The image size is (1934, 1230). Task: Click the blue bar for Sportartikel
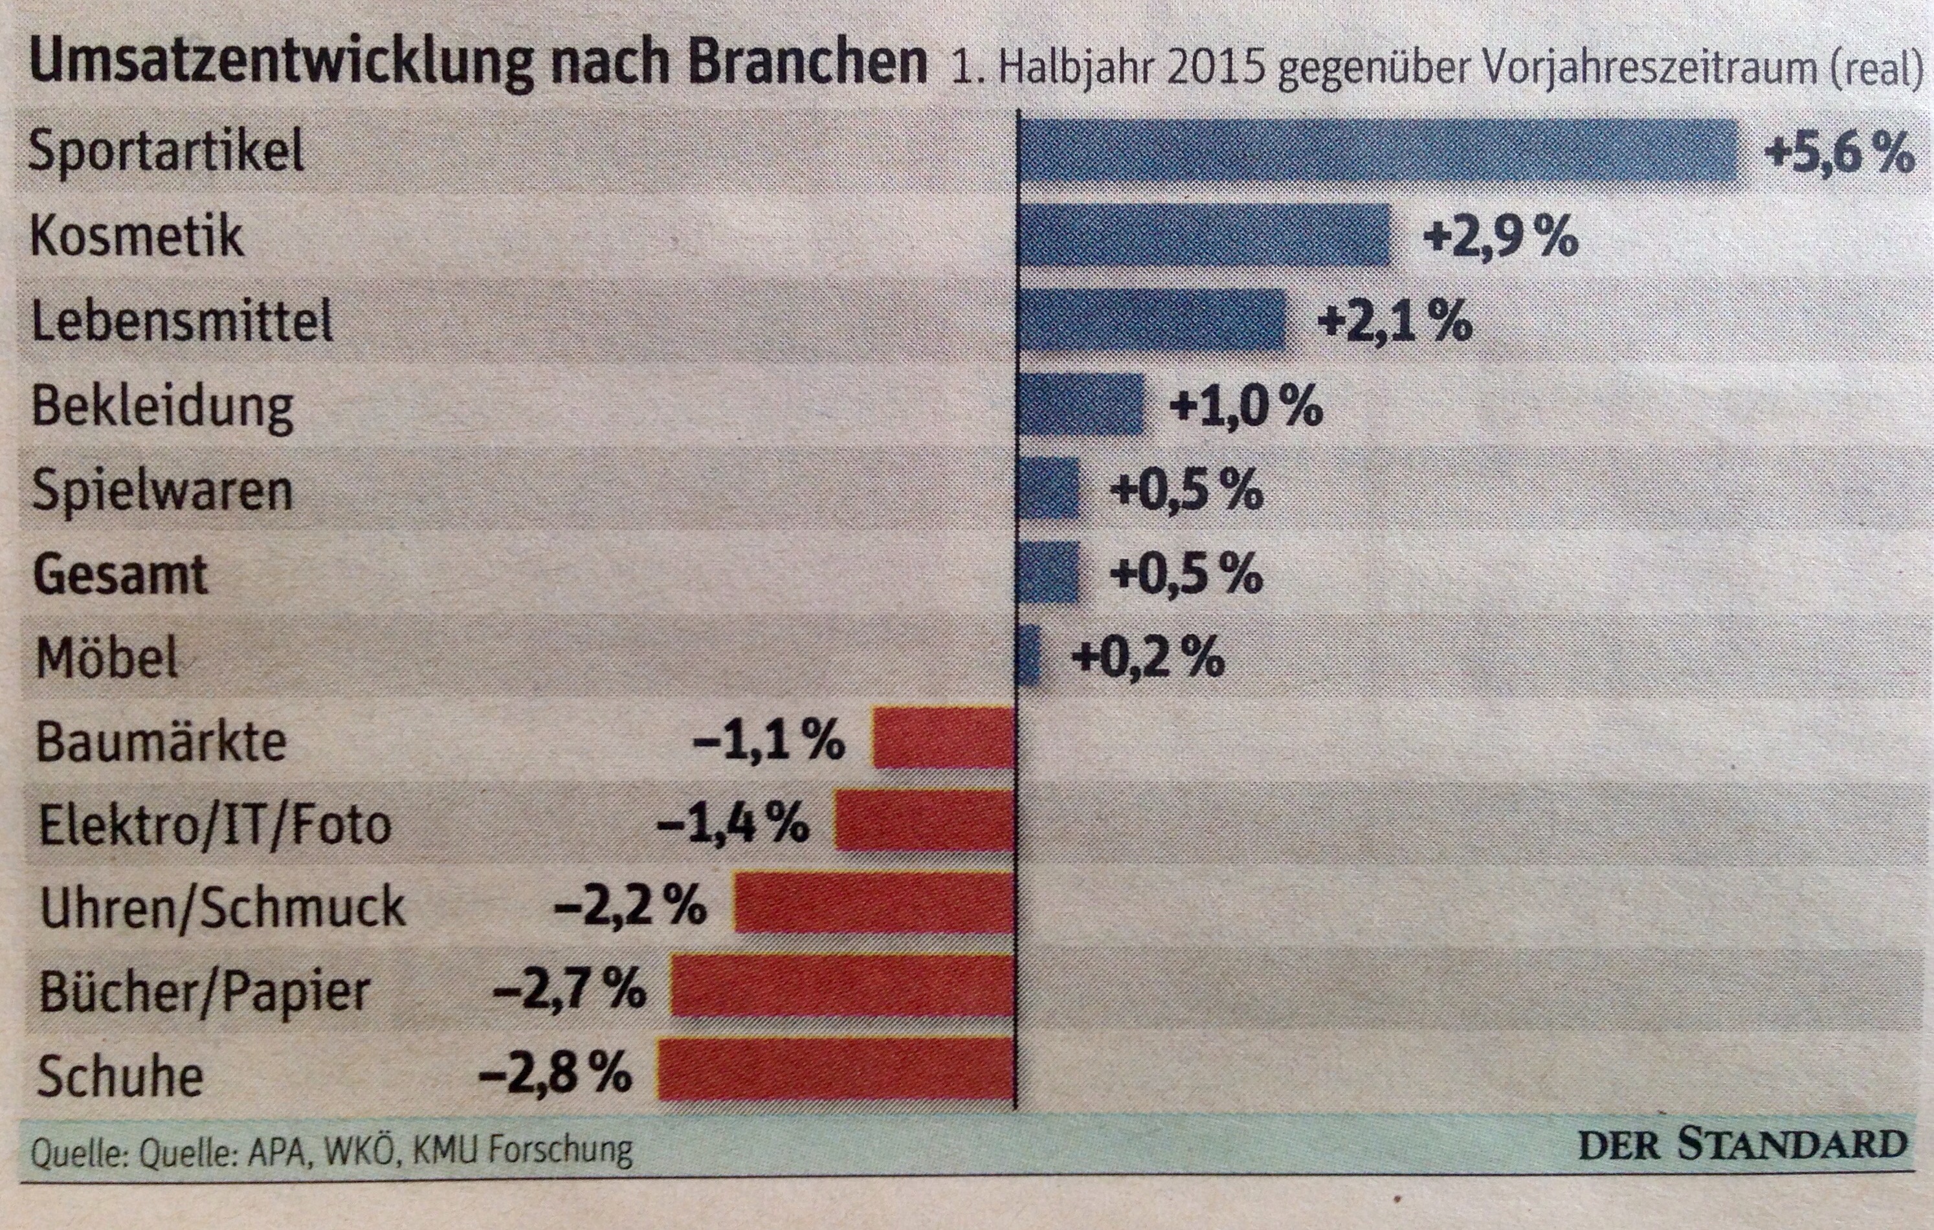click(x=1377, y=151)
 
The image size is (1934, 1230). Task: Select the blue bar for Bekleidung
click(x=1080, y=404)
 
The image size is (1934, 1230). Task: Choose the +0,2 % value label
click(x=1148, y=657)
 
